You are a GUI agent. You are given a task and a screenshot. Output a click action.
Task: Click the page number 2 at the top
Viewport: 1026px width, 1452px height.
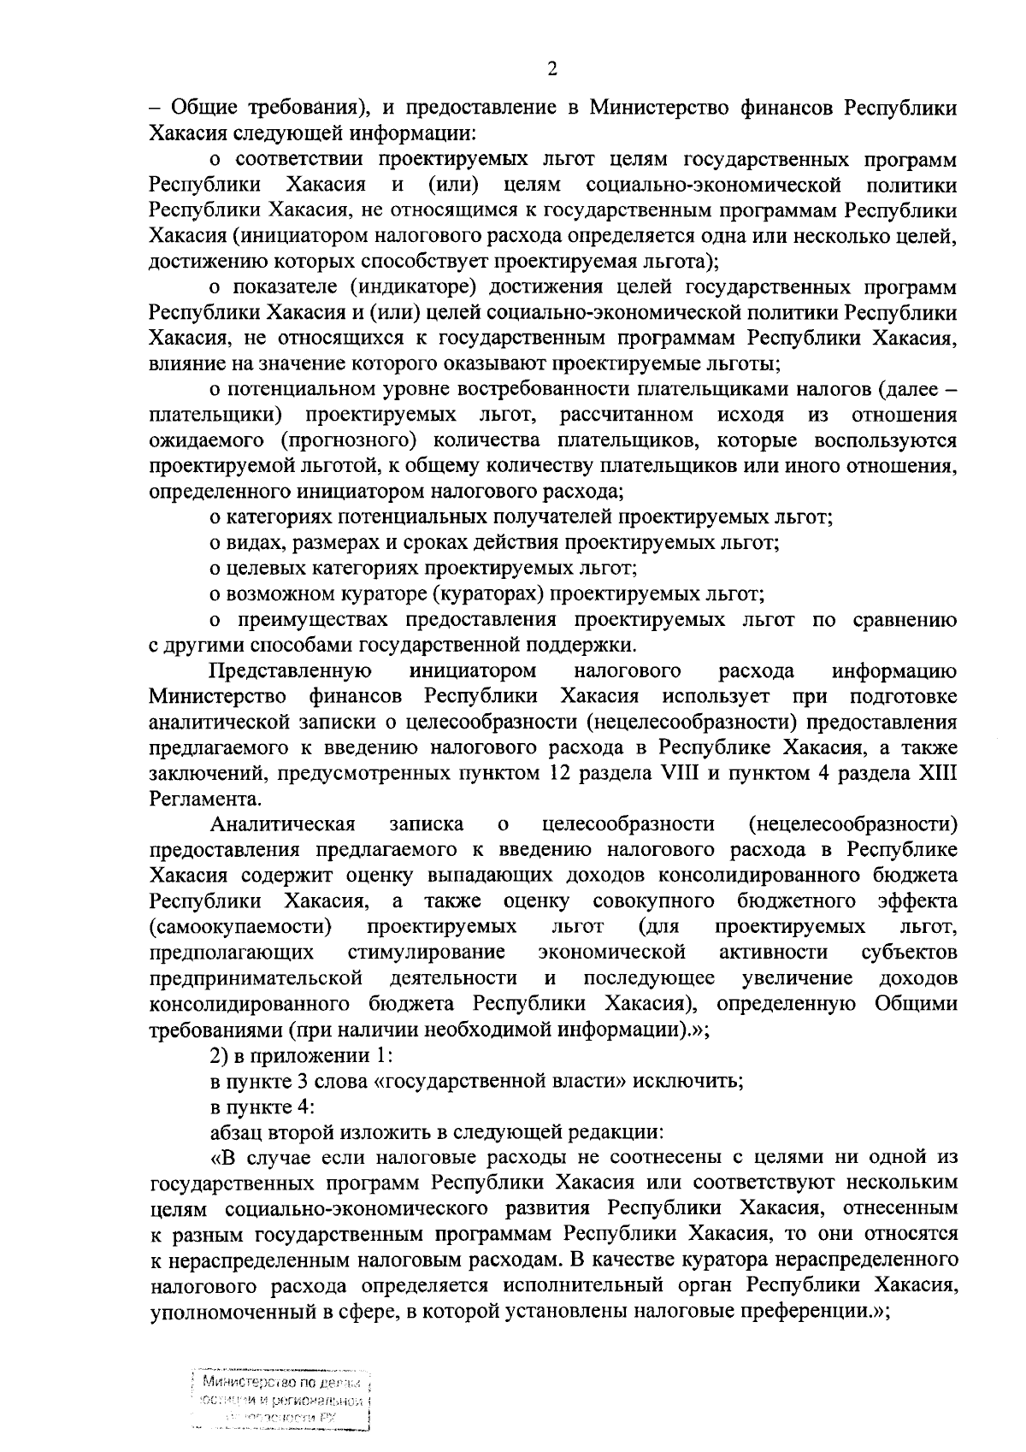tap(551, 69)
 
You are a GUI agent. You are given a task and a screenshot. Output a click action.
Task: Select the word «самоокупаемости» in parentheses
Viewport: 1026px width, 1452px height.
tap(239, 926)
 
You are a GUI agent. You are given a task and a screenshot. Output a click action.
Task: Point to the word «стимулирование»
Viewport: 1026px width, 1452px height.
tap(426, 952)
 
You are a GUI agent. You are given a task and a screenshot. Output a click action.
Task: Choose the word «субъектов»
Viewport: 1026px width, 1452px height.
tap(909, 952)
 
